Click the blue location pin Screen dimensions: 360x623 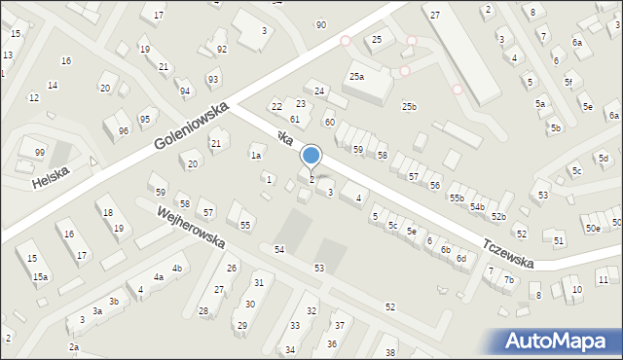coord(311,157)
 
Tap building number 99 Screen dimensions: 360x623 coord(39,152)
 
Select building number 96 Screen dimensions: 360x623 coord(123,131)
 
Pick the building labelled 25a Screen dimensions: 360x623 coord(357,76)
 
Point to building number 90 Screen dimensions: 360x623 coord(321,24)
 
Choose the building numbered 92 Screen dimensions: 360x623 coord(222,49)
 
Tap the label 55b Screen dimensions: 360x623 coord(457,198)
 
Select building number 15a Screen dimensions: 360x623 coord(40,277)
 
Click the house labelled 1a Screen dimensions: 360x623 coord(256,155)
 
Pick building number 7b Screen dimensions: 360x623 coord(508,280)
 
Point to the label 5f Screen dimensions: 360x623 coord(568,83)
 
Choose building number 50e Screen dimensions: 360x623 coord(592,228)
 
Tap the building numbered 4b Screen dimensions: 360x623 coord(177,268)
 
